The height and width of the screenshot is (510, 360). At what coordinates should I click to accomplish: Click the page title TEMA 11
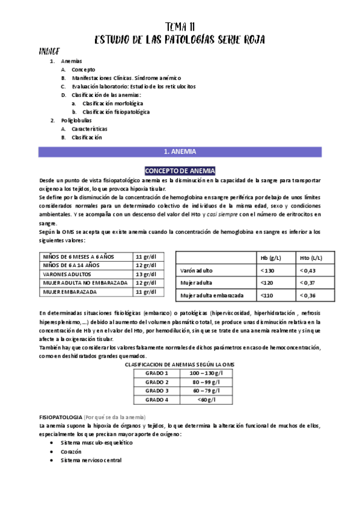tap(180, 26)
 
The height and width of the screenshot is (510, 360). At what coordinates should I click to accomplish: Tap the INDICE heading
tap(48, 51)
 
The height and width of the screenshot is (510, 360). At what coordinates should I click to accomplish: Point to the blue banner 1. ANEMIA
tap(180, 152)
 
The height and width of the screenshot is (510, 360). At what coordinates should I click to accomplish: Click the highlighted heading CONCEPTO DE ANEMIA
tap(180, 170)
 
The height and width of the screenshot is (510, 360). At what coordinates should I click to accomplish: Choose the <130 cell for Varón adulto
tap(268, 271)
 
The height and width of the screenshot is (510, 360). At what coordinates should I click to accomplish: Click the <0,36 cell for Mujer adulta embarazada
tap(308, 295)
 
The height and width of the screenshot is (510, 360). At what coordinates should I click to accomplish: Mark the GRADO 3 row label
tap(157, 391)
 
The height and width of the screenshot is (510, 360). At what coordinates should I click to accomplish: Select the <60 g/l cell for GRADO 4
tap(204, 400)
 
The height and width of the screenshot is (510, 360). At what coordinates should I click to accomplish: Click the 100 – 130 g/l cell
tap(204, 373)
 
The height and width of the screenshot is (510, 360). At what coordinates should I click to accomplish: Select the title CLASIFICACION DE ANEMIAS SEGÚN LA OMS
tap(180, 364)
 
